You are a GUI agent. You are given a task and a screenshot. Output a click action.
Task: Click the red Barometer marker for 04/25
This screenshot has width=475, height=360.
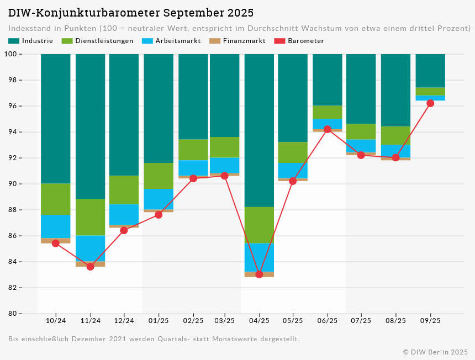[x=259, y=274]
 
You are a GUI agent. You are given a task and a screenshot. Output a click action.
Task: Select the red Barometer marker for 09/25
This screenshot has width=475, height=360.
[x=430, y=103]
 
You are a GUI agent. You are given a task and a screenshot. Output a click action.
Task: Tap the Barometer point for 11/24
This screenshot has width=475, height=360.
[x=91, y=267]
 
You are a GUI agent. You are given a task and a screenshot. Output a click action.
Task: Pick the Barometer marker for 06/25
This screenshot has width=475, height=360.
[x=328, y=129]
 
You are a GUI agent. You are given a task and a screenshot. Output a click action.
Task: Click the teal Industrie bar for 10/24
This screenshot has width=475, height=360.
[x=56, y=119]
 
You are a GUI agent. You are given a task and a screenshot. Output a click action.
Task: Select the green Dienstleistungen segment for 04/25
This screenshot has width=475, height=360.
[x=259, y=225]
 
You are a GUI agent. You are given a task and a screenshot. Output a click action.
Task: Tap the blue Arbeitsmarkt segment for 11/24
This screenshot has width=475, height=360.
[x=91, y=248]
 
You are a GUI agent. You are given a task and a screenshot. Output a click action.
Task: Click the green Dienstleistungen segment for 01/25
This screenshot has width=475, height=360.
[x=159, y=176]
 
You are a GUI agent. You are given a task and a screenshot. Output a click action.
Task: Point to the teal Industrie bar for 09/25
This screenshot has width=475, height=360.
[x=430, y=71]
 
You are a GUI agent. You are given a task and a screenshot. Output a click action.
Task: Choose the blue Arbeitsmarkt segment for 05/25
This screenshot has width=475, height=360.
[x=293, y=171]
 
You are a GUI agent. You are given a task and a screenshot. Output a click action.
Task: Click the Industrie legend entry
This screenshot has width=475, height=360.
[x=31, y=41]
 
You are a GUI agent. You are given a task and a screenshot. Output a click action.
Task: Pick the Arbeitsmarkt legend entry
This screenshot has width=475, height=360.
[x=171, y=41]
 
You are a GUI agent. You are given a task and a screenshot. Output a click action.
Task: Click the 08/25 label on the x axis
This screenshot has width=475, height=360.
[x=395, y=321]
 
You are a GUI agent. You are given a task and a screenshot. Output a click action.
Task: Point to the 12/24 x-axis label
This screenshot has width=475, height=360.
[x=124, y=321]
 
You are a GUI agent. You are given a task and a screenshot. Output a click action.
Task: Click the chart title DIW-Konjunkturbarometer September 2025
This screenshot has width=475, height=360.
[x=131, y=13]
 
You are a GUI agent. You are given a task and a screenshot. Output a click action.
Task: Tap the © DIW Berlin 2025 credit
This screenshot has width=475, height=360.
[x=435, y=352]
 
